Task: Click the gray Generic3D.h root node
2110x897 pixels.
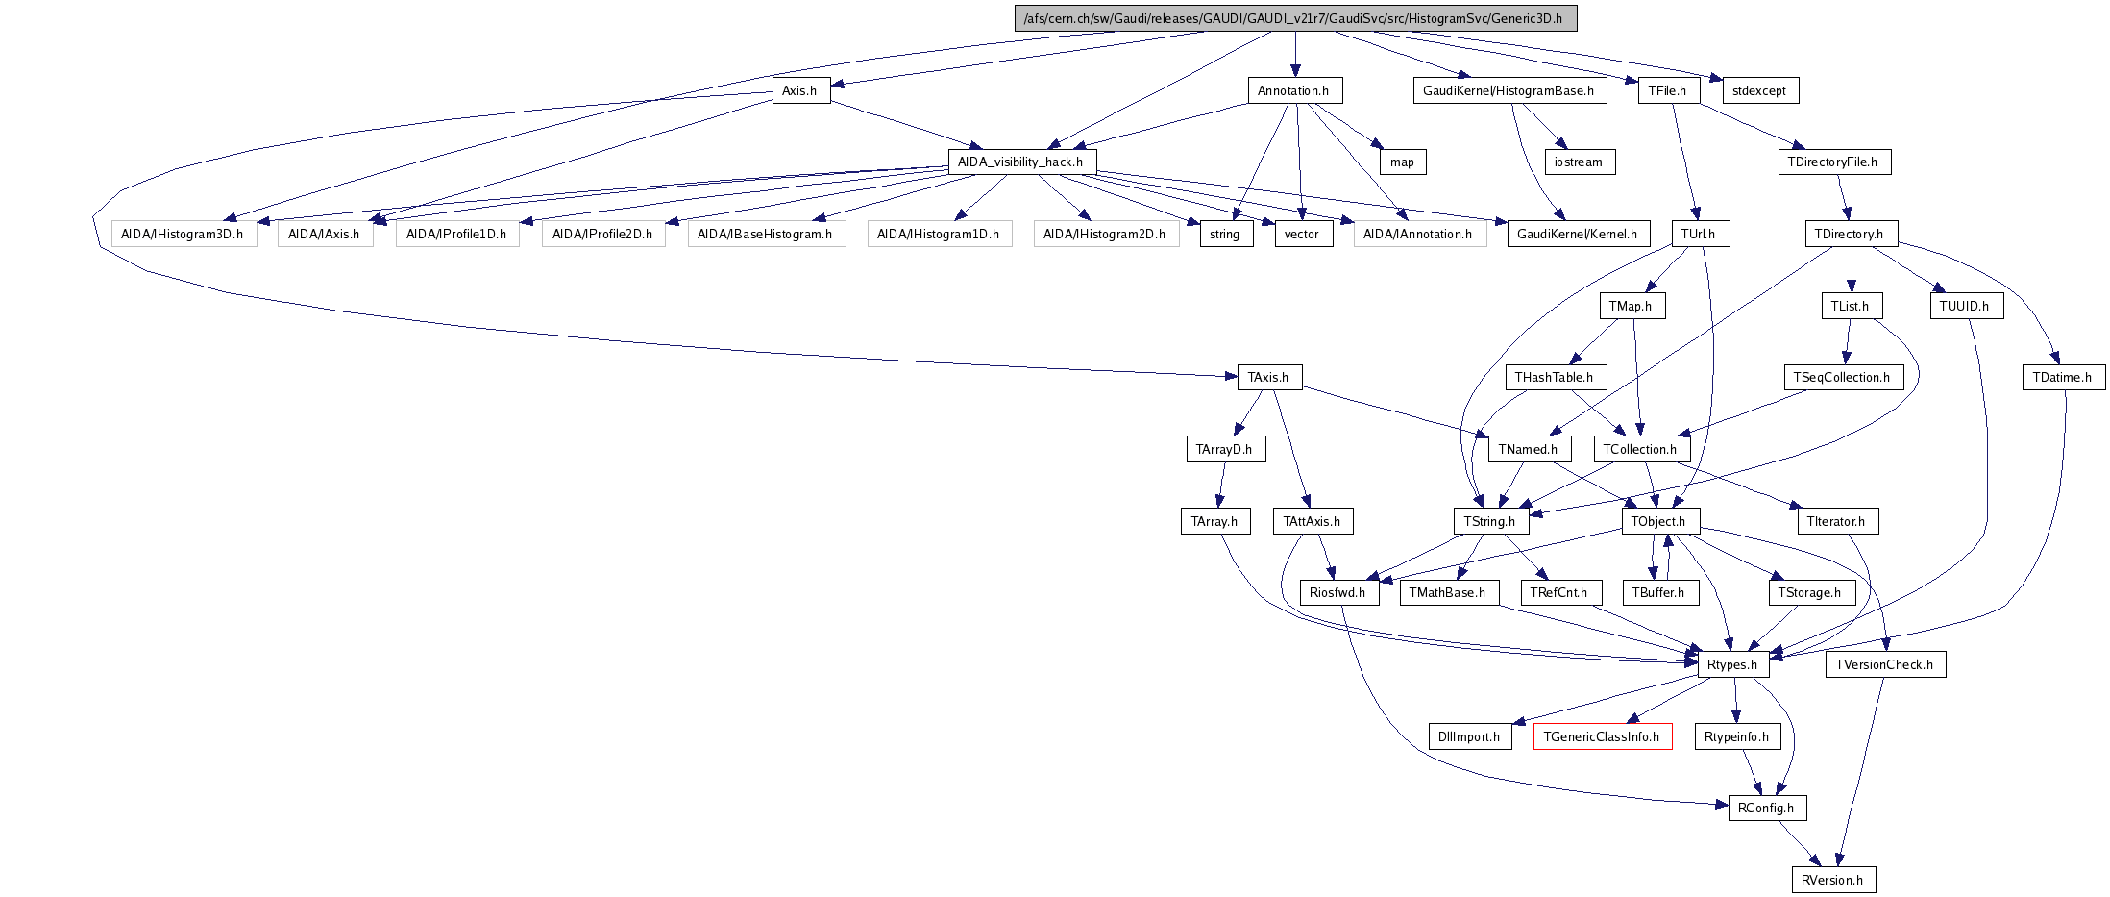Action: (x=1295, y=18)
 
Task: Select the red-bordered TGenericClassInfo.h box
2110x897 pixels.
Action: (x=1602, y=736)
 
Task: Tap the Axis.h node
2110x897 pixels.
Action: (x=800, y=90)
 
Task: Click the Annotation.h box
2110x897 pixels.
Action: (x=1293, y=90)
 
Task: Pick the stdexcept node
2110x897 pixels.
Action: (x=1759, y=90)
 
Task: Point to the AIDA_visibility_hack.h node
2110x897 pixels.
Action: (x=1020, y=162)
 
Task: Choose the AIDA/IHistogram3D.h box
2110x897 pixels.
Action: (x=183, y=234)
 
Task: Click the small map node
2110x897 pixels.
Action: (x=1402, y=162)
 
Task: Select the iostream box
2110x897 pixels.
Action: (x=1579, y=162)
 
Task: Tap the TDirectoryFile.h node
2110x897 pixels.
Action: (x=1833, y=162)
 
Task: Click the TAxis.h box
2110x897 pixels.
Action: (x=1268, y=377)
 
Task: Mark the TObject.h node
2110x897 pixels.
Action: (x=1658, y=521)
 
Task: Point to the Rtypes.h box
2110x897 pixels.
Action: (x=1732, y=664)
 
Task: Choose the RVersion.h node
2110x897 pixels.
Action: (x=1832, y=880)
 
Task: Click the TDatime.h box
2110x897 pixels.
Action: (x=2062, y=377)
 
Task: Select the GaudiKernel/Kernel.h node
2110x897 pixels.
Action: (x=1578, y=234)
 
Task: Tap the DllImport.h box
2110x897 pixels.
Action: (x=1468, y=736)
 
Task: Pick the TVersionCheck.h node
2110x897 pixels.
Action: (x=1884, y=664)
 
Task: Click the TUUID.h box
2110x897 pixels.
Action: (x=1964, y=306)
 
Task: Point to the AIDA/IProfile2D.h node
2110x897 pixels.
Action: (x=602, y=234)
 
